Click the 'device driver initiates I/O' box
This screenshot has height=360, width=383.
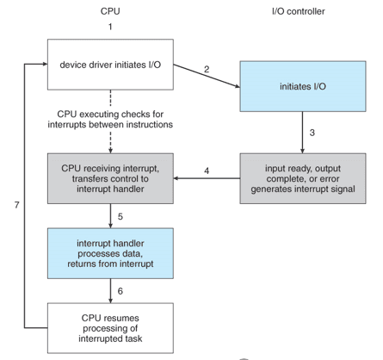[109, 64]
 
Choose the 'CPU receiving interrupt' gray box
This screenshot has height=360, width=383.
[109, 179]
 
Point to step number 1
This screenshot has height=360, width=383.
[110, 28]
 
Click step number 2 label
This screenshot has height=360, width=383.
[207, 68]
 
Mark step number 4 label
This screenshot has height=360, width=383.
[207, 171]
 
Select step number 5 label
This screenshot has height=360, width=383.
[120, 216]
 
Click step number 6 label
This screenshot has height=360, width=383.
[120, 291]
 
